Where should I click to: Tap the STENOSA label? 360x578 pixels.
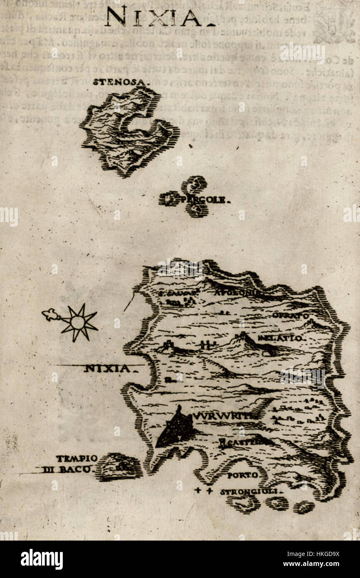[x=120, y=82]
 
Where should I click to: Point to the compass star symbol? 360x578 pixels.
[x=77, y=322]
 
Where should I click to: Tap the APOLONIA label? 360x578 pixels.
[x=237, y=293]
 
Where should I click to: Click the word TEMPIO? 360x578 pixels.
[x=77, y=459]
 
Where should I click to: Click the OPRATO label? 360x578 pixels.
[x=291, y=316]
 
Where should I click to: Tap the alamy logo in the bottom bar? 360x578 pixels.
[x=42, y=559]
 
